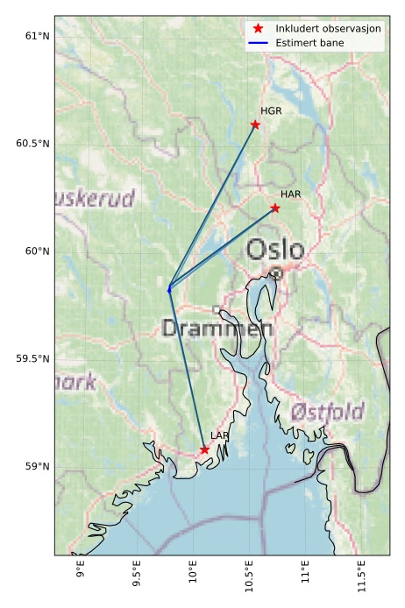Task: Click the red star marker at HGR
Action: [x=255, y=124]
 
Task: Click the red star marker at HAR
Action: [x=275, y=208]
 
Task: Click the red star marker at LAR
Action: [x=204, y=449]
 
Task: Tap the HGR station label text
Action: [x=271, y=111]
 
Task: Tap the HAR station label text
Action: [x=291, y=194]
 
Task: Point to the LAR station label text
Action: [x=220, y=435]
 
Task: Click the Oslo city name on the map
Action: [x=275, y=251]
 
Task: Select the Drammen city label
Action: [x=217, y=329]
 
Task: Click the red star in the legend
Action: [x=258, y=29]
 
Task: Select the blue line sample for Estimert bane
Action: [x=258, y=42]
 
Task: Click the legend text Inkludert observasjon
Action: [x=328, y=29]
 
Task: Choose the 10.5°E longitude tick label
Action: [x=250, y=578]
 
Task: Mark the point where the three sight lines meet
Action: [x=169, y=287]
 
